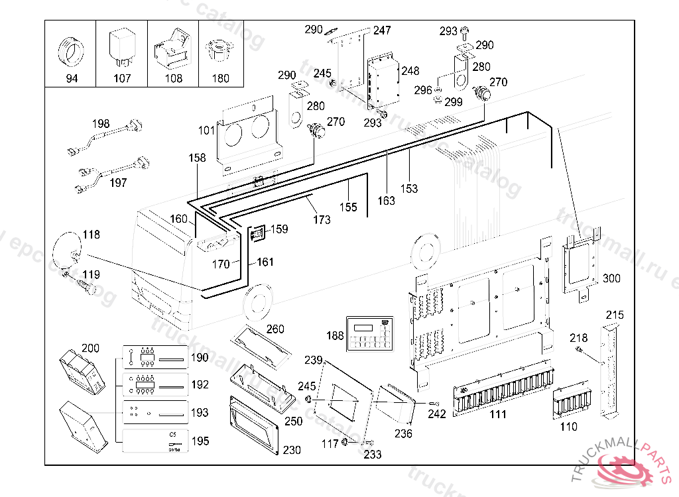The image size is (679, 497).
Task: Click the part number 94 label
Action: pyautogui.click(x=71, y=78)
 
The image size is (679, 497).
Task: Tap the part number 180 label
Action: pyautogui.click(x=220, y=78)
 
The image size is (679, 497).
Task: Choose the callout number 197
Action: pyautogui.click(x=118, y=183)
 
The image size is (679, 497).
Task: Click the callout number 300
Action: pyautogui.click(x=611, y=278)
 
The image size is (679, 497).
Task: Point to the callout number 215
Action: pyautogui.click(x=615, y=315)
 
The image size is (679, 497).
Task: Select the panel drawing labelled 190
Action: pyautogui.click(x=156, y=359)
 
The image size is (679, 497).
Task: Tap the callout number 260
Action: pyautogui.click(x=275, y=329)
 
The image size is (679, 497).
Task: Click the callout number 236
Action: pyautogui.click(x=403, y=434)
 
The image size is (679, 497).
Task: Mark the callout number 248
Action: pyautogui.click(x=410, y=70)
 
